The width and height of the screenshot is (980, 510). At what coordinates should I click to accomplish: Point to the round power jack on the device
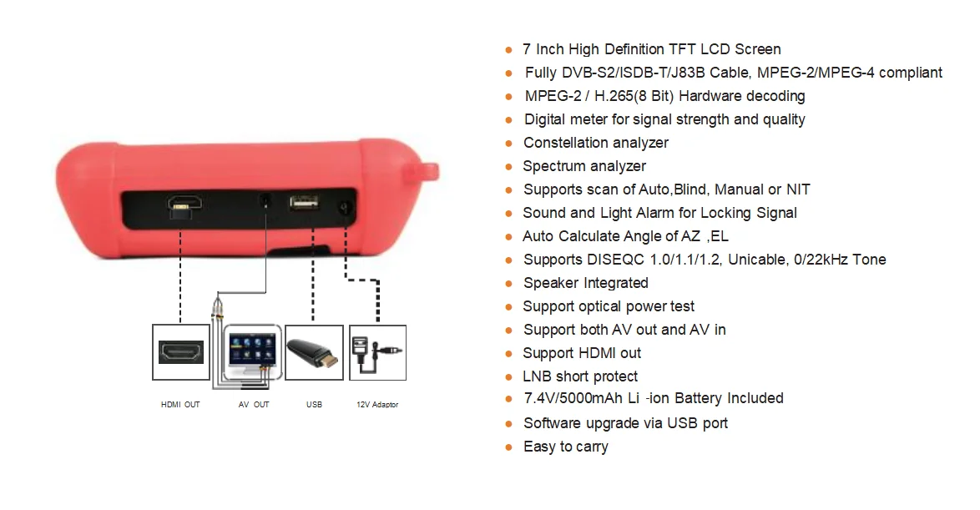(343, 208)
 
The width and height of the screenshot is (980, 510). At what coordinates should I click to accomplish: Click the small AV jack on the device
(265, 201)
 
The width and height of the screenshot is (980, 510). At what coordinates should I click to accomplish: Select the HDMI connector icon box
(180, 353)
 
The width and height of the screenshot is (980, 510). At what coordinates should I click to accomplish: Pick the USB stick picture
(314, 353)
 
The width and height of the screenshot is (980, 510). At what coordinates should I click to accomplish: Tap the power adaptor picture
(376, 353)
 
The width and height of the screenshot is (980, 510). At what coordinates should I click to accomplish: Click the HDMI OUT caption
(180, 405)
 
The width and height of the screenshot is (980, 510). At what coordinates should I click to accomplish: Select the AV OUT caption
(254, 405)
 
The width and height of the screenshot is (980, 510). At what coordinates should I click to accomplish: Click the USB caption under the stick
(314, 405)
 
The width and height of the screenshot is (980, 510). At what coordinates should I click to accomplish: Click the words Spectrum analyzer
(584, 166)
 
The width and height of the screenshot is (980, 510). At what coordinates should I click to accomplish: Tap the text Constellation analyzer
(595, 143)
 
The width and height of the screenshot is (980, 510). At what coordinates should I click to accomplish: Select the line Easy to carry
(565, 447)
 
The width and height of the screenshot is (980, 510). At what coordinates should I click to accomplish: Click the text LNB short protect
(580, 376)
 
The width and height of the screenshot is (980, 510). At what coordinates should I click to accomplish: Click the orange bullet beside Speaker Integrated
(508, 284)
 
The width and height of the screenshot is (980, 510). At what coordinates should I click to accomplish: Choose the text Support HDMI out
(582, 353)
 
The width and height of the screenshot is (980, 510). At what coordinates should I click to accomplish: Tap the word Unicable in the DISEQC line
(757, 260)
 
